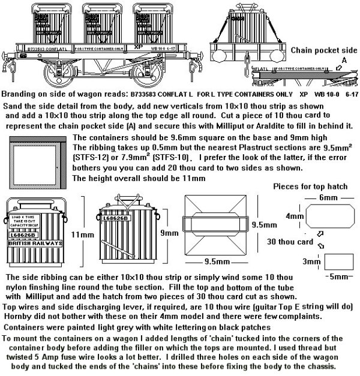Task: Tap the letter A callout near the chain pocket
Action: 343,60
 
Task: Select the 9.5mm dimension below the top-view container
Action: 215,261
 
